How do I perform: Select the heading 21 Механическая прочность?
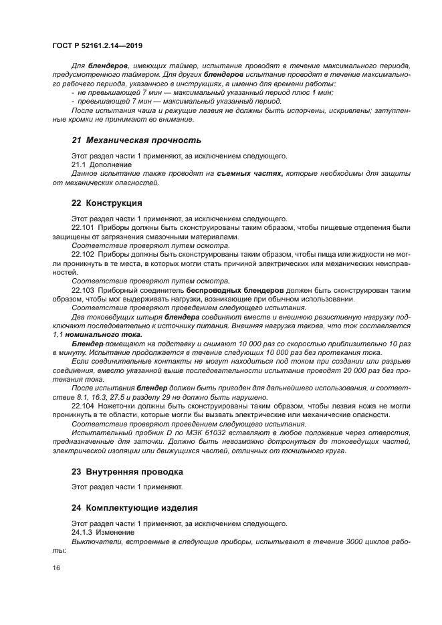coord(136,140)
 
